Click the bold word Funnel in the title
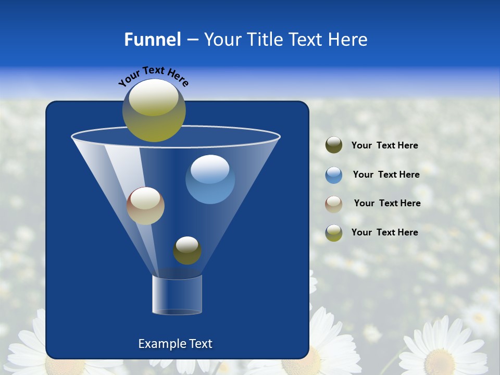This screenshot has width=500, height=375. pos(152,40)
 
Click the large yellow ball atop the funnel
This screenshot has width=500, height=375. pos(154,110)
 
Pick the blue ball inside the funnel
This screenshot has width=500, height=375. pos(210,179)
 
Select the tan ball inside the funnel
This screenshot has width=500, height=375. pos(145,206)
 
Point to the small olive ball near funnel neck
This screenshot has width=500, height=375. pos(187,251)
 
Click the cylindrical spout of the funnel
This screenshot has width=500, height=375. pos(177,295)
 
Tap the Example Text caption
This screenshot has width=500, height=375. pos(175,344)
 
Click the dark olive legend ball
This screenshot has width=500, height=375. pos(334,145)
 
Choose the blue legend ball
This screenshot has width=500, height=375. pos(334,175)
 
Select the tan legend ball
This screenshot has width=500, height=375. pos(334,204)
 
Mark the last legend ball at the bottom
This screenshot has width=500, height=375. pos(334,233)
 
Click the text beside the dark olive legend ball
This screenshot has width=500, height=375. pos(384,145)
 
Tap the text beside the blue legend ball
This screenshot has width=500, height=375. pos(386,174)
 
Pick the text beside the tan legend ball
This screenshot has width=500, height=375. pos(387,203)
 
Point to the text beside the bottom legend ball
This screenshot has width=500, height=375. pos(384,232)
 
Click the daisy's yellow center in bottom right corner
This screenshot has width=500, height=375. pos(439,361)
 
